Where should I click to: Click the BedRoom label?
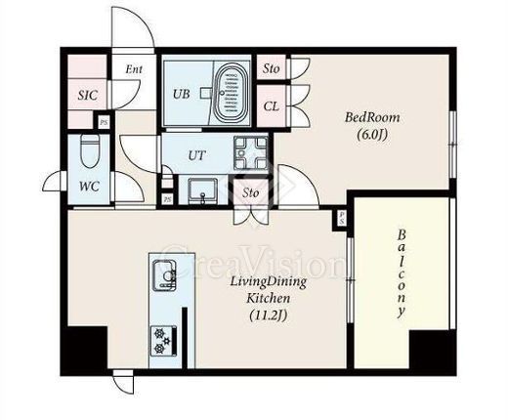[372, 117]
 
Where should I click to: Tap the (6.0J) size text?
[372, 134]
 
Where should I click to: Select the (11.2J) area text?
[268, 315]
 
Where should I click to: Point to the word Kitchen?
[268, 298]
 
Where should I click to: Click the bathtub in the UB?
[231, 93]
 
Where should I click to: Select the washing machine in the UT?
[251, 152]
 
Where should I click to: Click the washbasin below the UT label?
[202, 190]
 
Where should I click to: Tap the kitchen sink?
[164, 274]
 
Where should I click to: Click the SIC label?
[88, 95]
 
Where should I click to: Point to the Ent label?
[134, 69]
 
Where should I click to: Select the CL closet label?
[272, 106]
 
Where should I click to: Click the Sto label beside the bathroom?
[272, 68]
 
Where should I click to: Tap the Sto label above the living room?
[250, 192]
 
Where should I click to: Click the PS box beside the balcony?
[341, 219]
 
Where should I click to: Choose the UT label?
[197, 155]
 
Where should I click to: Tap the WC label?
[89, 187]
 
